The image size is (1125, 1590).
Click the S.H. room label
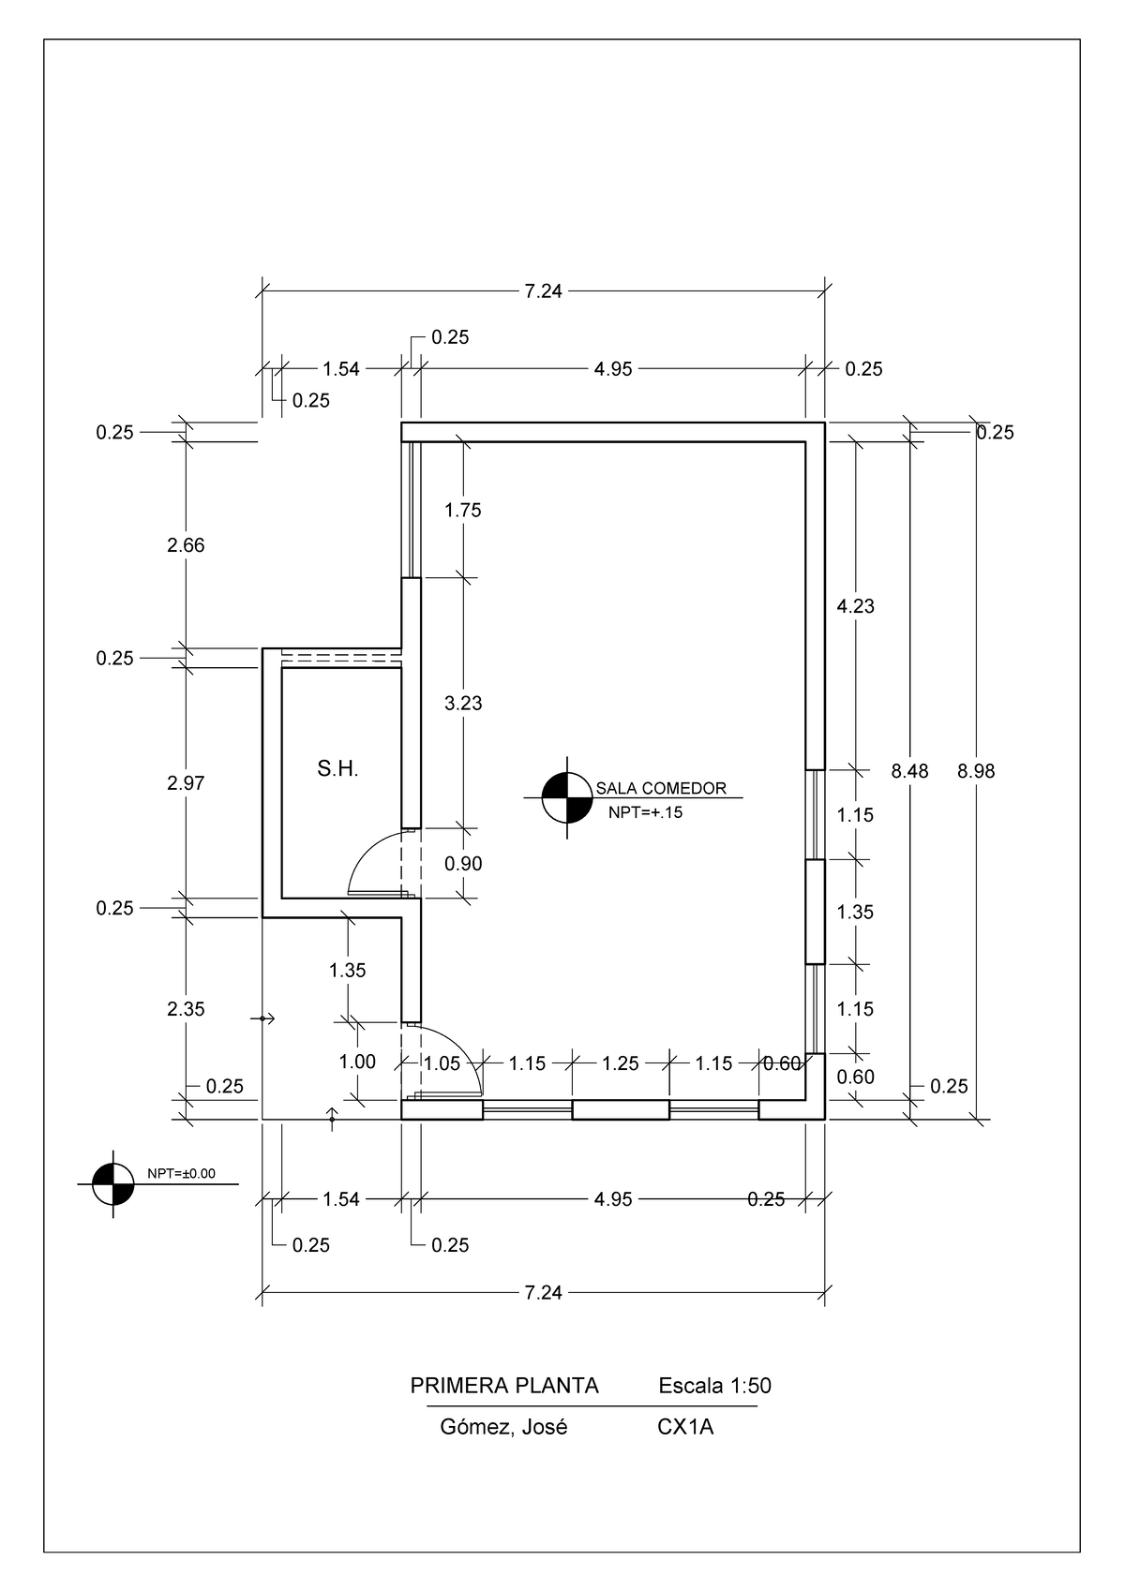[337, 770]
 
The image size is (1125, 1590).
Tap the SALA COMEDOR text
[661, 789]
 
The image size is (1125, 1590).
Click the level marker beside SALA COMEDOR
[566, 797]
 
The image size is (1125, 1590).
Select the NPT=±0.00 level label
[181, 1173]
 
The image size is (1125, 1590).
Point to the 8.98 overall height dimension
[976, 771]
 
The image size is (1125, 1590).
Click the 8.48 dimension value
[909, 771]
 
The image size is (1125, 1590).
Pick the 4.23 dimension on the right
[855, 606]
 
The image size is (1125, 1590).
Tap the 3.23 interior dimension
[463, 703]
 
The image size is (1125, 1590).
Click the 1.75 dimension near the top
[463, 510]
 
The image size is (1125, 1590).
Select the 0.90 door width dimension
[463, 863]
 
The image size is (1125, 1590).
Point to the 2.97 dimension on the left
[186, 783]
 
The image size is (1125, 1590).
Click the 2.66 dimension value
[186, 545]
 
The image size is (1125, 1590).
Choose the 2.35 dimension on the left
[186, 1009]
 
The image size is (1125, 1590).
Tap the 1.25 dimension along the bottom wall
[620, 1063]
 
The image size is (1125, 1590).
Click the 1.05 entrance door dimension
[442, 1063]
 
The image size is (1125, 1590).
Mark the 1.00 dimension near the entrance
[356, 1062]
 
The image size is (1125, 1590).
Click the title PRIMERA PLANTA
[504, 1386]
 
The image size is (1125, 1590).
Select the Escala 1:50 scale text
[714, 1386]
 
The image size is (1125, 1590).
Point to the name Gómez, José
[503, 1428]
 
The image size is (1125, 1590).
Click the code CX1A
[685, 1428]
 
